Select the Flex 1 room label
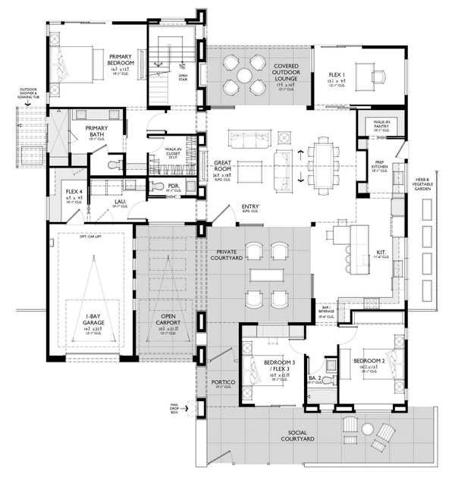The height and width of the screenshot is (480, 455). [x=337, y=76]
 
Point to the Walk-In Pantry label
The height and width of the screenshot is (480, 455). [x=376, y=125]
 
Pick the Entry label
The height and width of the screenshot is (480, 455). [x=249, y=206]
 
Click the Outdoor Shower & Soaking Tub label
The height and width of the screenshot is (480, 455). [x=26, y=98]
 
